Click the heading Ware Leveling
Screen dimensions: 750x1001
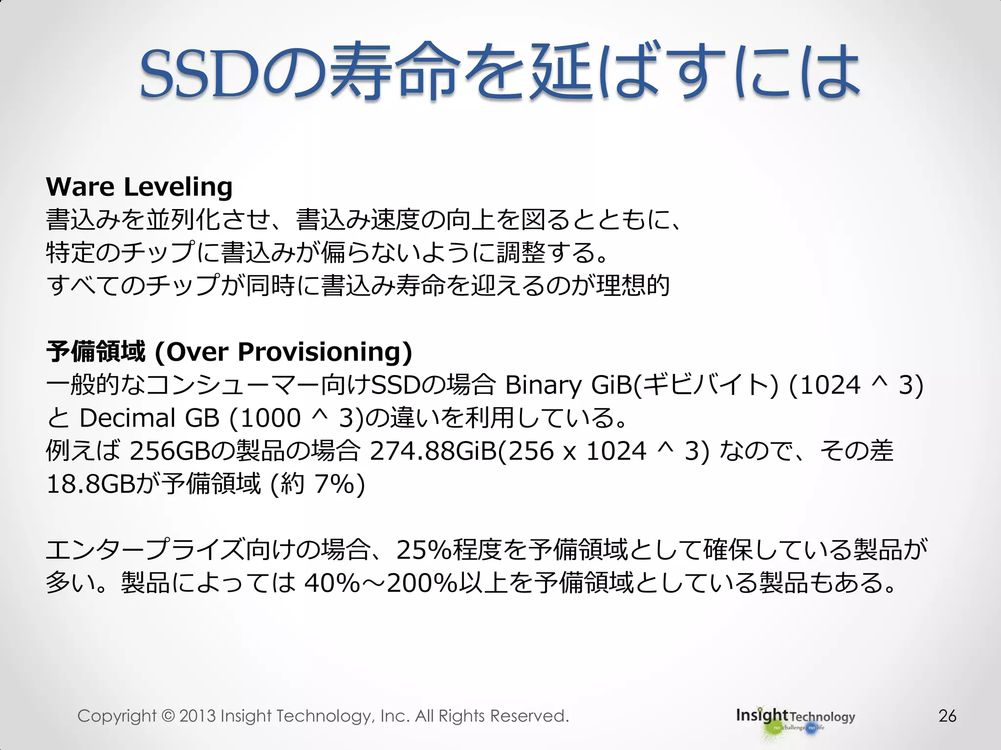click(139, 187)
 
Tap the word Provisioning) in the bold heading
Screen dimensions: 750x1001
click(325, 352)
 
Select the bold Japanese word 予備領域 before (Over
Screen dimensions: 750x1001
click(96, 352)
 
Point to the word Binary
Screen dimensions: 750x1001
click(543, 385)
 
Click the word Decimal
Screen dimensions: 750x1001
click(127, 418)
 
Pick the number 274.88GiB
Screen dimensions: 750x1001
click(433, 451)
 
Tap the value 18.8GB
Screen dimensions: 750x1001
click(90, 484)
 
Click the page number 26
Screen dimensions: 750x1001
click(947, 716)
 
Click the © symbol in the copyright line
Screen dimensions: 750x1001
click(168, 716)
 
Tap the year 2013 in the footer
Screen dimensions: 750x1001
click(197, 716)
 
